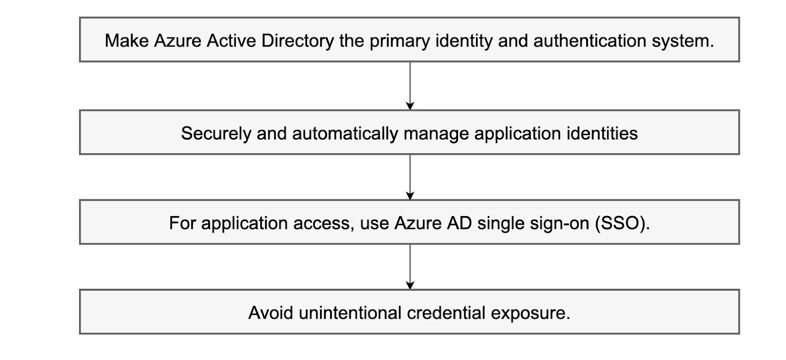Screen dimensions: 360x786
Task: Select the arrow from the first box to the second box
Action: (410, 85)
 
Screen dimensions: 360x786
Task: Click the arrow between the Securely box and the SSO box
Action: (410, 177)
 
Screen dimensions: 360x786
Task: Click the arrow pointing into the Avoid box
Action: (410, 267)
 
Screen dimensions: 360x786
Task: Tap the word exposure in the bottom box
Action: (530, 313)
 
